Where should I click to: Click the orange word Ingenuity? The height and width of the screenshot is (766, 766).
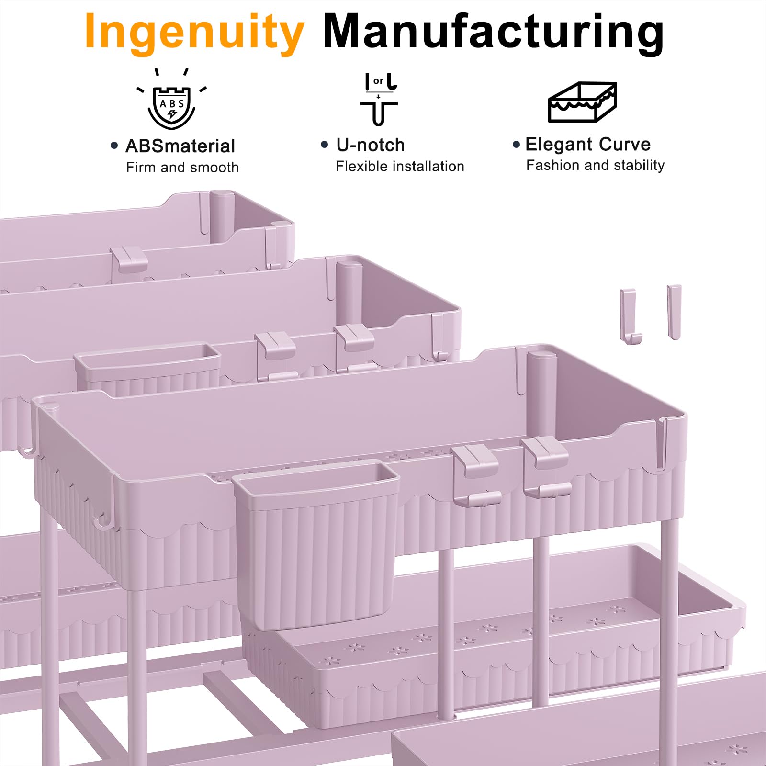click(x=194, y=34)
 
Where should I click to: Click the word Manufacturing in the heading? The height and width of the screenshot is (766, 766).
click(x=494, y=32)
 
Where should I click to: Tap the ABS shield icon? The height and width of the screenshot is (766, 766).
click(x=171, y=100)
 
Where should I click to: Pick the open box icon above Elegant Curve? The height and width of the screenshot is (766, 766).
click(x=582, y=101)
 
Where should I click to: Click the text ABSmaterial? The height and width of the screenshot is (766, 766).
click(x=180, y=146)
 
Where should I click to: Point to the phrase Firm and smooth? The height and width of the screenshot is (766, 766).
click(x=182, y=167)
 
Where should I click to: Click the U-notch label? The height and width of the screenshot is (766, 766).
click(x=371, y=145)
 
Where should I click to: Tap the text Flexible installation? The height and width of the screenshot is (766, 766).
click(x=400, y=166)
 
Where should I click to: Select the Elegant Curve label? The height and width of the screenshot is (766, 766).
click(x=588, y=144)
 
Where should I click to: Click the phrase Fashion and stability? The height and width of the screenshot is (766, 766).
click(x=595, y=165)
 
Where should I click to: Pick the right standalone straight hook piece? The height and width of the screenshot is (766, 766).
click(x=674, y=312)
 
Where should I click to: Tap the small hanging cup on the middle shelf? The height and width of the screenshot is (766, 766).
click(x=147, y=369)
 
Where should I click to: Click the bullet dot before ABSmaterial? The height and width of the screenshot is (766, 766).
click(x=114, y=146)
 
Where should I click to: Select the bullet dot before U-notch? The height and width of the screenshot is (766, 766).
click(x=325, y=144)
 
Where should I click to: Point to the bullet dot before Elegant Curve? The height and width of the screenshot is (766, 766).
click(x=516, y=144)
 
